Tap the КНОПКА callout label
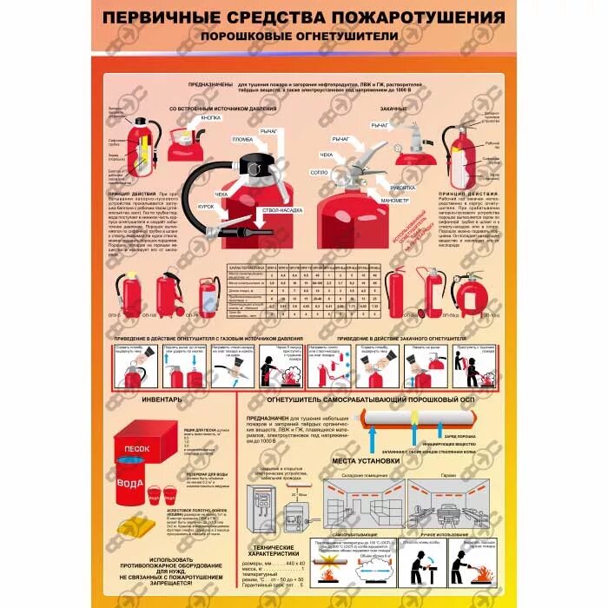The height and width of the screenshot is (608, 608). (x=210, y=116)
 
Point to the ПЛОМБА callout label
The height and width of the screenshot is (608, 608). (x=242, y=139)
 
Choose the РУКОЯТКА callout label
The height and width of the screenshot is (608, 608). (x=404, y=186)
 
